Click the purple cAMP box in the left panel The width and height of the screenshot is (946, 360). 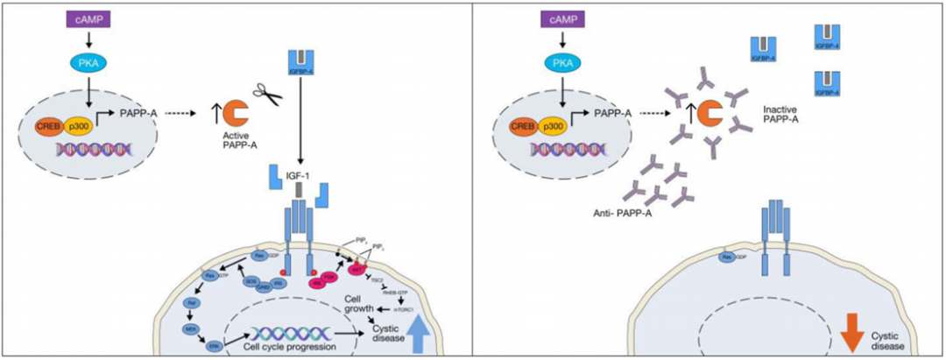click(87, 18)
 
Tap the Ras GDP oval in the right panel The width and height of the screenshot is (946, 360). click(726, 258)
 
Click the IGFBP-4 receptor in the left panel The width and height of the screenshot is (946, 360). click(300, 60)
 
